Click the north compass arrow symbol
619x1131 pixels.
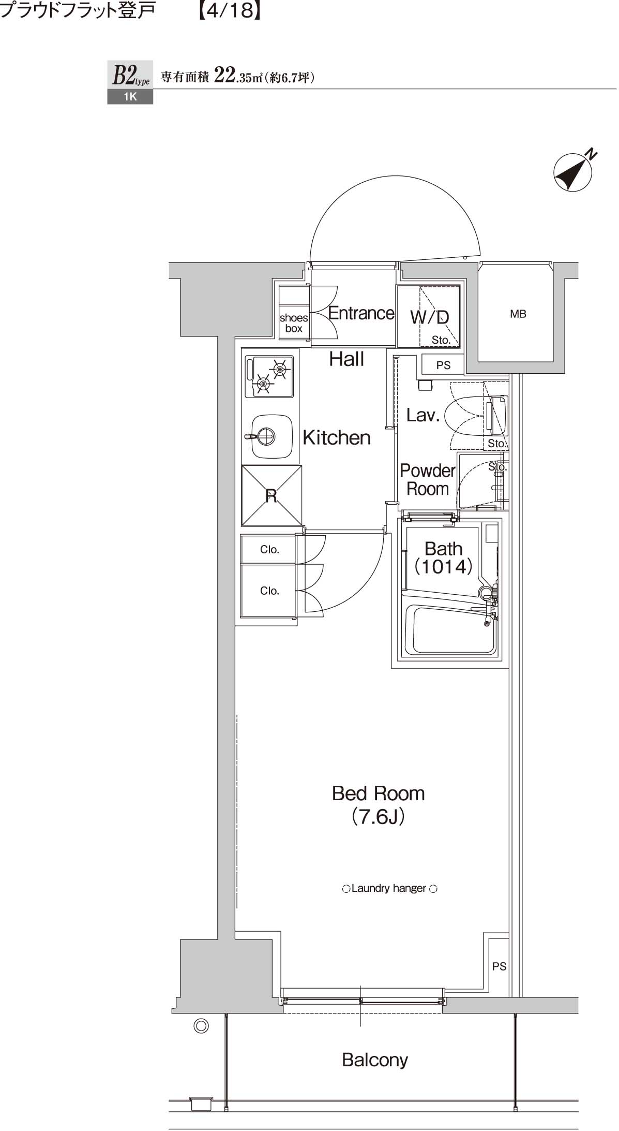[573, 172]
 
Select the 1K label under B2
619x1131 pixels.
[130, 97]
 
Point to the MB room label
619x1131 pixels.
[518, 314]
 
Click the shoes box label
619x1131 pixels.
[293, 323]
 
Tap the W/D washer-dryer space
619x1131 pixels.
[429, 317]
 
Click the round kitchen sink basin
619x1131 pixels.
[265, 437]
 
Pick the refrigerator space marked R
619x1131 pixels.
[271, 496]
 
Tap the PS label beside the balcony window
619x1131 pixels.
[499, 966]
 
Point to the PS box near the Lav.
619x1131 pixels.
[443, 365]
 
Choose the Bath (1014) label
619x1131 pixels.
[443, 557]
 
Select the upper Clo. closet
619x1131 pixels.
[269, 549]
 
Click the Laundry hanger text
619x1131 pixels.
[389, 888]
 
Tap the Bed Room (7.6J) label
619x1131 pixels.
[378, 804]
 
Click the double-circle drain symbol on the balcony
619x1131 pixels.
[201, 1026]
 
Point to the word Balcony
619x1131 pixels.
[375, 1060]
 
